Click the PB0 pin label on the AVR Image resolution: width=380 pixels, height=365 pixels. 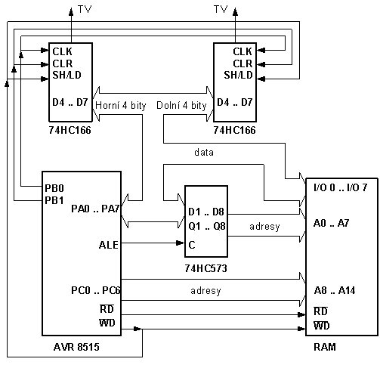point(54,188)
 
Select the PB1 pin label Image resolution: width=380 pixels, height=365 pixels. point(54,200)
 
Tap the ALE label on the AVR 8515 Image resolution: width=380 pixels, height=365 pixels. point(109,245)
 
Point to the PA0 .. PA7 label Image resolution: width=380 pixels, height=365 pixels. point(95,209)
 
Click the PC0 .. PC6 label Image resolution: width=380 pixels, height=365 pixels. point(96,290)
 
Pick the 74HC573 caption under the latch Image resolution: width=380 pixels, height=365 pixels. point(206,268)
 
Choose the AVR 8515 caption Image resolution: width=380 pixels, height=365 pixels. point(76,347)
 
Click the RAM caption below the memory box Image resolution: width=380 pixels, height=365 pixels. point(325,347)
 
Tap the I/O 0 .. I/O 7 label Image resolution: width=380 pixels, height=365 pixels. point(341,187)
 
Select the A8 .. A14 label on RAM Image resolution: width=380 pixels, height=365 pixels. point(335,290)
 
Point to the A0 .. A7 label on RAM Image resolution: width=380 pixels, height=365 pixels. point(332,223)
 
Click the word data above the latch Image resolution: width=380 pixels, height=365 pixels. point(204,153)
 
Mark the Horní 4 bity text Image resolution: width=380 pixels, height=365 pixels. point(121,105)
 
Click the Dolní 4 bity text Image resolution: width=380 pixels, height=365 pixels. point(181,105)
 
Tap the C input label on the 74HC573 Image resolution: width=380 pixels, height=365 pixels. point(192,245)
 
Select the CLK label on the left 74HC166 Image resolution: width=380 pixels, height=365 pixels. point(62,51)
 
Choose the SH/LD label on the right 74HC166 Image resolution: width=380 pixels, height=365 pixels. point(238,75)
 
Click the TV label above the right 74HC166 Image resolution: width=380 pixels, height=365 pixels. point(221,9)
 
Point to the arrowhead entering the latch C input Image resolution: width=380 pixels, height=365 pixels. point(181,243)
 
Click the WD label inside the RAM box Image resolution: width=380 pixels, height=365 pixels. point(322,326)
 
